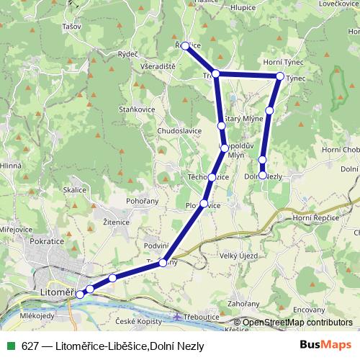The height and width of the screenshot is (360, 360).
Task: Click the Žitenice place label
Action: coord(115,222)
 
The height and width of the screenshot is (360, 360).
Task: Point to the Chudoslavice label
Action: coord(179,131)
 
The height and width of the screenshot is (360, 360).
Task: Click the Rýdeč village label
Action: coord(128,54)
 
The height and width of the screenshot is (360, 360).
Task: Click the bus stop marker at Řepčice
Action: coord(185,45)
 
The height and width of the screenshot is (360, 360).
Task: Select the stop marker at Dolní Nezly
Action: coord(263,175)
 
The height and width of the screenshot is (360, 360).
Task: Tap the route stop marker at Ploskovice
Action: coord(204,204)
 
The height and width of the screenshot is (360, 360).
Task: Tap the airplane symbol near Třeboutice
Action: coord(178,317)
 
